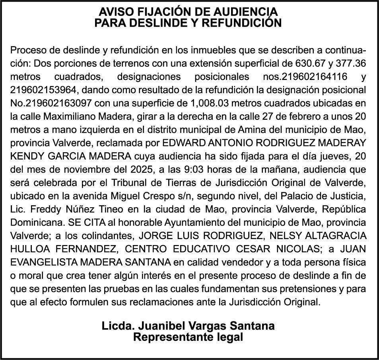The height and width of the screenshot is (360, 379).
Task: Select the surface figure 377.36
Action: tap(351, 63)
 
